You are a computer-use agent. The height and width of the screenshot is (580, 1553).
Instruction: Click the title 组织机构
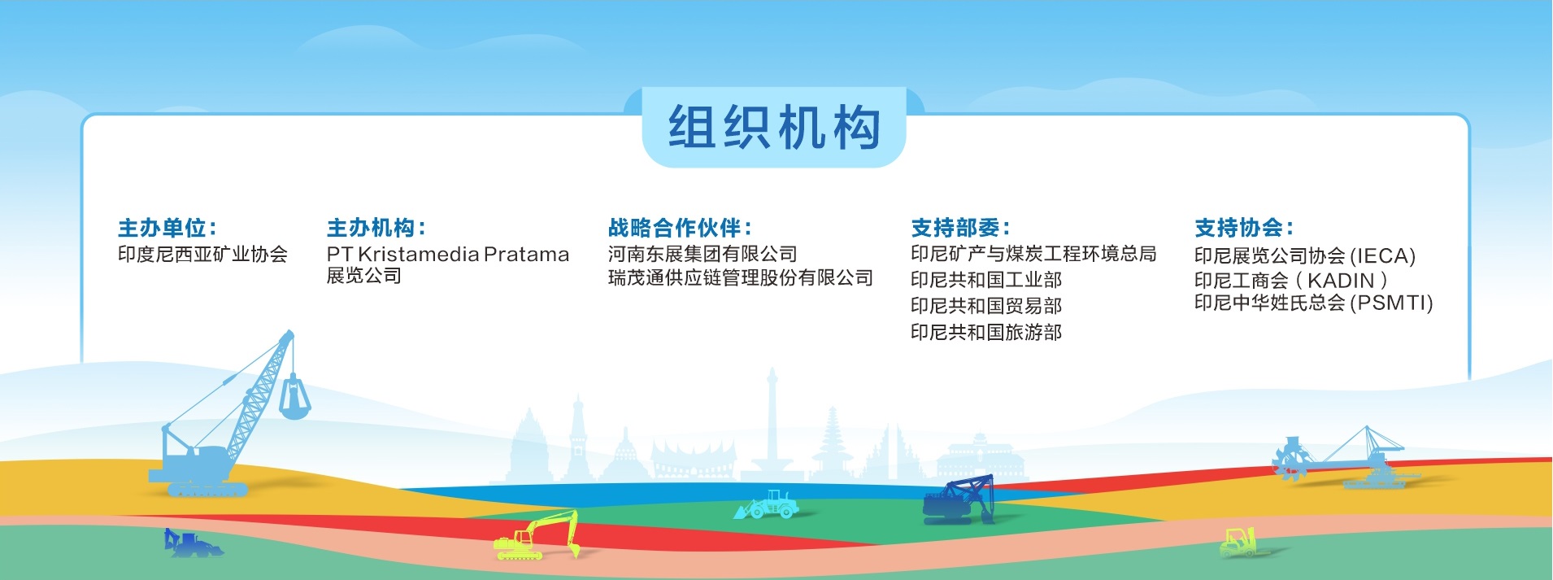click(774, 128)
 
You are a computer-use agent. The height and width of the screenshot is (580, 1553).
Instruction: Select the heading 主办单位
click(167, 228)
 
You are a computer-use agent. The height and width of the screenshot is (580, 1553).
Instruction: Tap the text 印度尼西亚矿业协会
click(202, 255)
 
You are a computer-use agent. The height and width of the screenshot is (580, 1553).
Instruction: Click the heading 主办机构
click(376, 228)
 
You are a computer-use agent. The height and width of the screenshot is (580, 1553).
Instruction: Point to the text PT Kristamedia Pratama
click(448, 255)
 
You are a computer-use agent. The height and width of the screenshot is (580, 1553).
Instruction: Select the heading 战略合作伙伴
click(680, 228)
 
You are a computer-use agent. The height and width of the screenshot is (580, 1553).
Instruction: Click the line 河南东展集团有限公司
click(703, 255)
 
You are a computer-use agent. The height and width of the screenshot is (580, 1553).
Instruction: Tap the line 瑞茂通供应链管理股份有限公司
click(740, 278)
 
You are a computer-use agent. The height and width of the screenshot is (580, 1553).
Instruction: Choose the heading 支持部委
click(960, 228)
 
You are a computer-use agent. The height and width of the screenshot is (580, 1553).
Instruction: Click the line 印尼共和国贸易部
click(986, 306)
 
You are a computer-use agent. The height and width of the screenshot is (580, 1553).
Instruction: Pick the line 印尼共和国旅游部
click(986, 332)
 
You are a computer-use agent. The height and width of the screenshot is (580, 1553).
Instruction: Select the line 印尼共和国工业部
click(986, 280)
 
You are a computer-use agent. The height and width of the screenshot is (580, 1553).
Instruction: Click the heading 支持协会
click(1243, 228)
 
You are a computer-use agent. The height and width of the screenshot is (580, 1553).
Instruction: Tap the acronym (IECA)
click(1382, 256)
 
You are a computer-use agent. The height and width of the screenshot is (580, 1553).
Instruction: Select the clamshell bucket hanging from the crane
click(294, 397)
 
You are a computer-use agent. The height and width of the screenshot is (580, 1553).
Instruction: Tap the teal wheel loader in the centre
click(766, 504)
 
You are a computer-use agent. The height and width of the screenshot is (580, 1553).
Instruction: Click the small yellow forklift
click(1238, 543)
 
